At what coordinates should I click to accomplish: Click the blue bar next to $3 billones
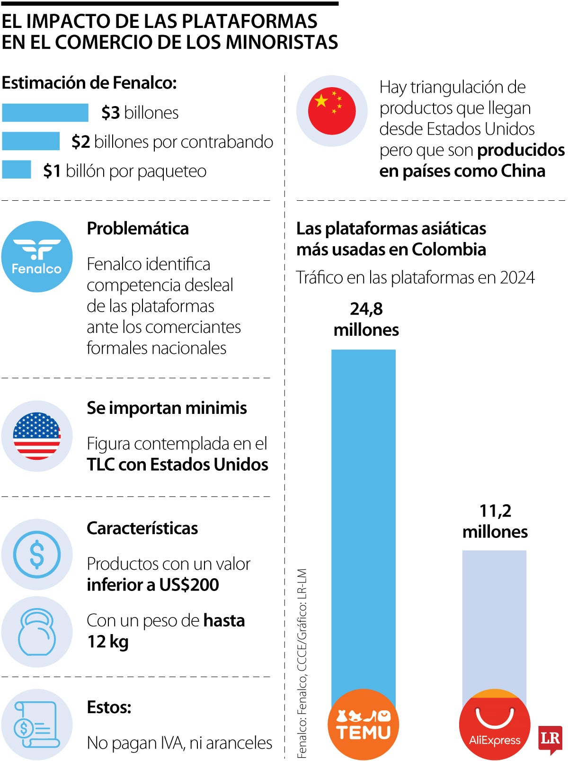pyautogui.click(x=45, y=113)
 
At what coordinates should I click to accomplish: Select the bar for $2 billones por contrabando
pyautogui.click(x=31, y=141)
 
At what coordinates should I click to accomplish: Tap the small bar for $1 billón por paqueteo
pyautogui.click(x=17, y=170)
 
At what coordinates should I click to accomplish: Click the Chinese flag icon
pyautogui.click(x=331, y=111)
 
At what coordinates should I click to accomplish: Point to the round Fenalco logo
pyautogui.click(x=37, y=257)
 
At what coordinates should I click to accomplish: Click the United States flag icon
pyautogui.click(x=37, y=436)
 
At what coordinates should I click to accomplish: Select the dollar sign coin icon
pyautogui.click(x=37, y=555)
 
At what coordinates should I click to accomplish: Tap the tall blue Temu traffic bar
pyautogui.click(x=363, y=516)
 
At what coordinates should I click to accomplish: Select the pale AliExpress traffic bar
pyautogui.click(x=494, y=616)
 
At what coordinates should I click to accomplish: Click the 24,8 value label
pyautogui.click(x=366, y=309)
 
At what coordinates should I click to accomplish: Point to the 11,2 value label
pyautogui.click(x=495, y=511)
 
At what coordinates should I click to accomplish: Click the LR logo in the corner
pyautogui.click(x=550, y=739)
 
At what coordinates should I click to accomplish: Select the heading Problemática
pyautogui.click(x=138, y=229)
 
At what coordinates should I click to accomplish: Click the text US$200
pyautogui.click(x=189, y=585)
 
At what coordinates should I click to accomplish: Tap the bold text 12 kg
pyautogui.click(x=108, y=642)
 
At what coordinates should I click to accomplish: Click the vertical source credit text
pyautogui.click(x=302, y=663)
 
